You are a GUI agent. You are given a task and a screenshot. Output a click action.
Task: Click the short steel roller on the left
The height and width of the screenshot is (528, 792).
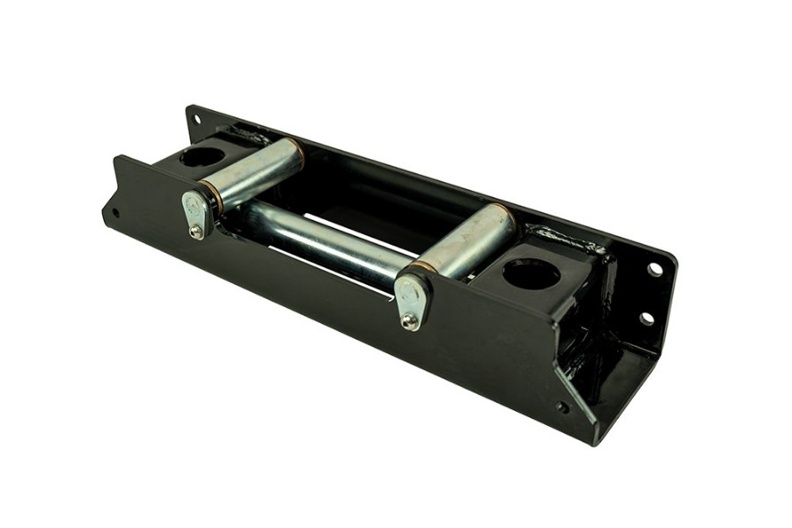tap(255, 172)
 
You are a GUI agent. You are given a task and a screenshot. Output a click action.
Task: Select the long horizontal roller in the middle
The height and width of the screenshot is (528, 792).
tap(326, 238)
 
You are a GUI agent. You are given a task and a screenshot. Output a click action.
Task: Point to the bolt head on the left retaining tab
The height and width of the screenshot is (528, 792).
tap(195, 231)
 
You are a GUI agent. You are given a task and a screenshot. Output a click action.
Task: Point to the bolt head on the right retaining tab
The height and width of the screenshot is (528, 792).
tap(409, 321)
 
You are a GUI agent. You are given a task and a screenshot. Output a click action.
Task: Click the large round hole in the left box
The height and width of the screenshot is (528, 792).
tap(202, 158)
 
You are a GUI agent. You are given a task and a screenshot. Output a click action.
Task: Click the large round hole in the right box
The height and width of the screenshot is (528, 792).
tap(531, 275)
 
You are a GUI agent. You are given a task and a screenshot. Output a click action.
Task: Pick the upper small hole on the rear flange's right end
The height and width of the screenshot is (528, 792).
tap(655, 269)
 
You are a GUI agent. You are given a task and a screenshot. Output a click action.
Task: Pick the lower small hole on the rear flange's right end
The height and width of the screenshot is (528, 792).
tap(647, 318)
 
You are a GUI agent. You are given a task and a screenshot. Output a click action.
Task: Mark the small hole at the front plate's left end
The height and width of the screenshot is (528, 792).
tap(114, 212)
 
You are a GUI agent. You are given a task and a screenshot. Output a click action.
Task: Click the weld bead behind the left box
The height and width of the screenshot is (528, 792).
tap(250, 136)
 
